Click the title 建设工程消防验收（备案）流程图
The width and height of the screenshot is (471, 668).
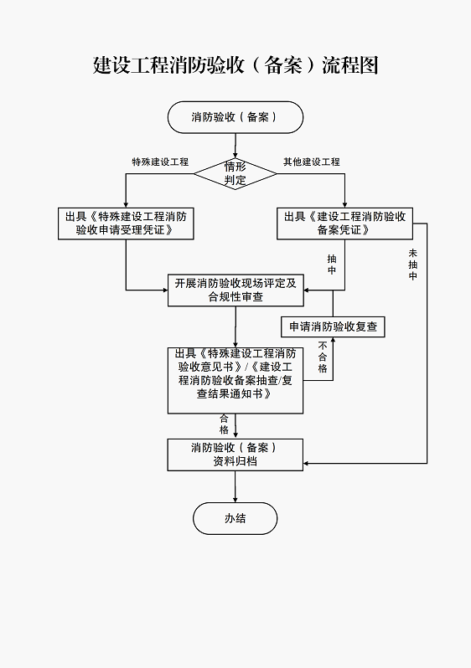pyautogui.click(x=235, y=65)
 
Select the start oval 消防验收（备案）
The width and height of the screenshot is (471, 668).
pyautogui.click(x=235, y=117)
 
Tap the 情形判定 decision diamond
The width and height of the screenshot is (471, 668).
pyautogui.click(x=235, y=173)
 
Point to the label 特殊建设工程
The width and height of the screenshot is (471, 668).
pyautogui.click(x=160, y=162)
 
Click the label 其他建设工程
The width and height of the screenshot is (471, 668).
pyautogui.click(x=312, y=162)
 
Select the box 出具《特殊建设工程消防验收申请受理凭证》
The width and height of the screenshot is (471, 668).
pyautogui.click(x=126, y=224)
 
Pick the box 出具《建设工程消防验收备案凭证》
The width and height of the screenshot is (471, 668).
pyautogui.click(x=344, y=224)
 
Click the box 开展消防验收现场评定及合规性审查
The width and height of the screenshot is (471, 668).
pyautogui.click(x=235, y=290)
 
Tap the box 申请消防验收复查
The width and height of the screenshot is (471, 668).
pyautogui.click(x=333, y=326)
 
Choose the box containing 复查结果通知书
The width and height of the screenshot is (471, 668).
pyautogui.click(x=235, y=380)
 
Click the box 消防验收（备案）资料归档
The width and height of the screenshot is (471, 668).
pyautogui.click(x=235, y=455)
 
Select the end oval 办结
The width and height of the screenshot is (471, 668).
pyautogui.click(x=235, y=518)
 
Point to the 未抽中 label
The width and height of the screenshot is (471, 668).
pyautogui.click(x=412, y=265)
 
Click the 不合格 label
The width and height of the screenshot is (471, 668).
pyautogui.click(x=323, y=357)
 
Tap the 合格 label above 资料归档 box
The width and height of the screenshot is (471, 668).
pyautogui.click(x=225, y=424)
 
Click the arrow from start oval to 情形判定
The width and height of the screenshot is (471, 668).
pyautogui.click(x=235, y=146)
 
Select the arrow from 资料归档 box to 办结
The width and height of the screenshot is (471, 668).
pyautogui.click(x=235, y=486)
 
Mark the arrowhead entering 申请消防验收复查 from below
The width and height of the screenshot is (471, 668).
pyautogui.click(x=333, y=340)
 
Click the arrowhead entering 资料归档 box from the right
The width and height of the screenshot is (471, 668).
pyautogui.click(x=307, y=463)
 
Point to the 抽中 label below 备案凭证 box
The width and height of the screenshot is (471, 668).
pyautogui.click(x=332, y=265)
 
